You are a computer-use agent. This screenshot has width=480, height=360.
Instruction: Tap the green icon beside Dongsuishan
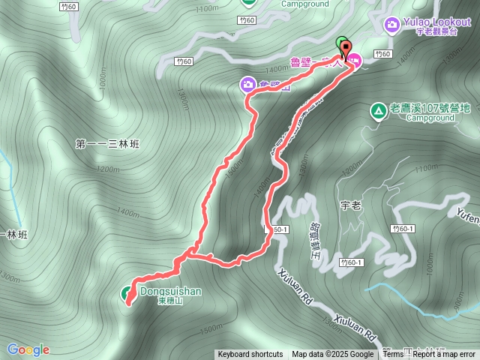[x=127, y=292]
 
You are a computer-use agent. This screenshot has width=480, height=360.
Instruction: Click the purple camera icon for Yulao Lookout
[x=391, y=25]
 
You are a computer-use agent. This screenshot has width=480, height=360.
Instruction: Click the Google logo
[x=28, y=349]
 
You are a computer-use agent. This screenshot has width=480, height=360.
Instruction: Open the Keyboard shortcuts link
[x=250, y=355]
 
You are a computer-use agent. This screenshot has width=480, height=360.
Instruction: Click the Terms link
[x=393, y=355]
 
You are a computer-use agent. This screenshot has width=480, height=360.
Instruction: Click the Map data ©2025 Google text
[x=333, y=355]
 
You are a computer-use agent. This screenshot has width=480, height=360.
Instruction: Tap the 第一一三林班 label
[x=109, y=143]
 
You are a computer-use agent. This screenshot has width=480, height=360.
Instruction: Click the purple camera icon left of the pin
[x=247, y=84]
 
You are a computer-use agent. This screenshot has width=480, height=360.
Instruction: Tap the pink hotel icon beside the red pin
[x=355, y=60]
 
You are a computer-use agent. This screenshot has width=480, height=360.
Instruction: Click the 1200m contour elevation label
[x=109, y=169]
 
